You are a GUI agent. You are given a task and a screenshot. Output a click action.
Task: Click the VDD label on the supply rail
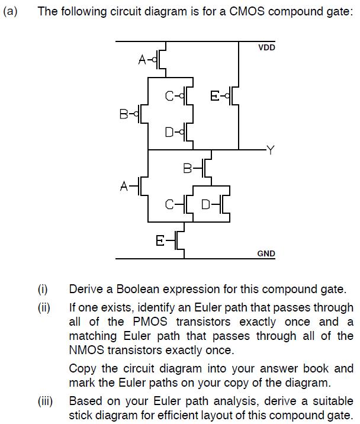click(266, 47)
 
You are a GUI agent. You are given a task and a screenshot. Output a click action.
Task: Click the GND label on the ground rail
click(266, 253)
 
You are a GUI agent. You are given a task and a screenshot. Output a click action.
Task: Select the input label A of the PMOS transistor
click(142, 59)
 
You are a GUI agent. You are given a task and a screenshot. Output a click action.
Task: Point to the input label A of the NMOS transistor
click(124, 187)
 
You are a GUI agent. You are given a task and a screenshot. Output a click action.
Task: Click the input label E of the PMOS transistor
click(215, 95)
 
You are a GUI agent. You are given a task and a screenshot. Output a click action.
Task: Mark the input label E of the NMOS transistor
click(160, 240)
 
